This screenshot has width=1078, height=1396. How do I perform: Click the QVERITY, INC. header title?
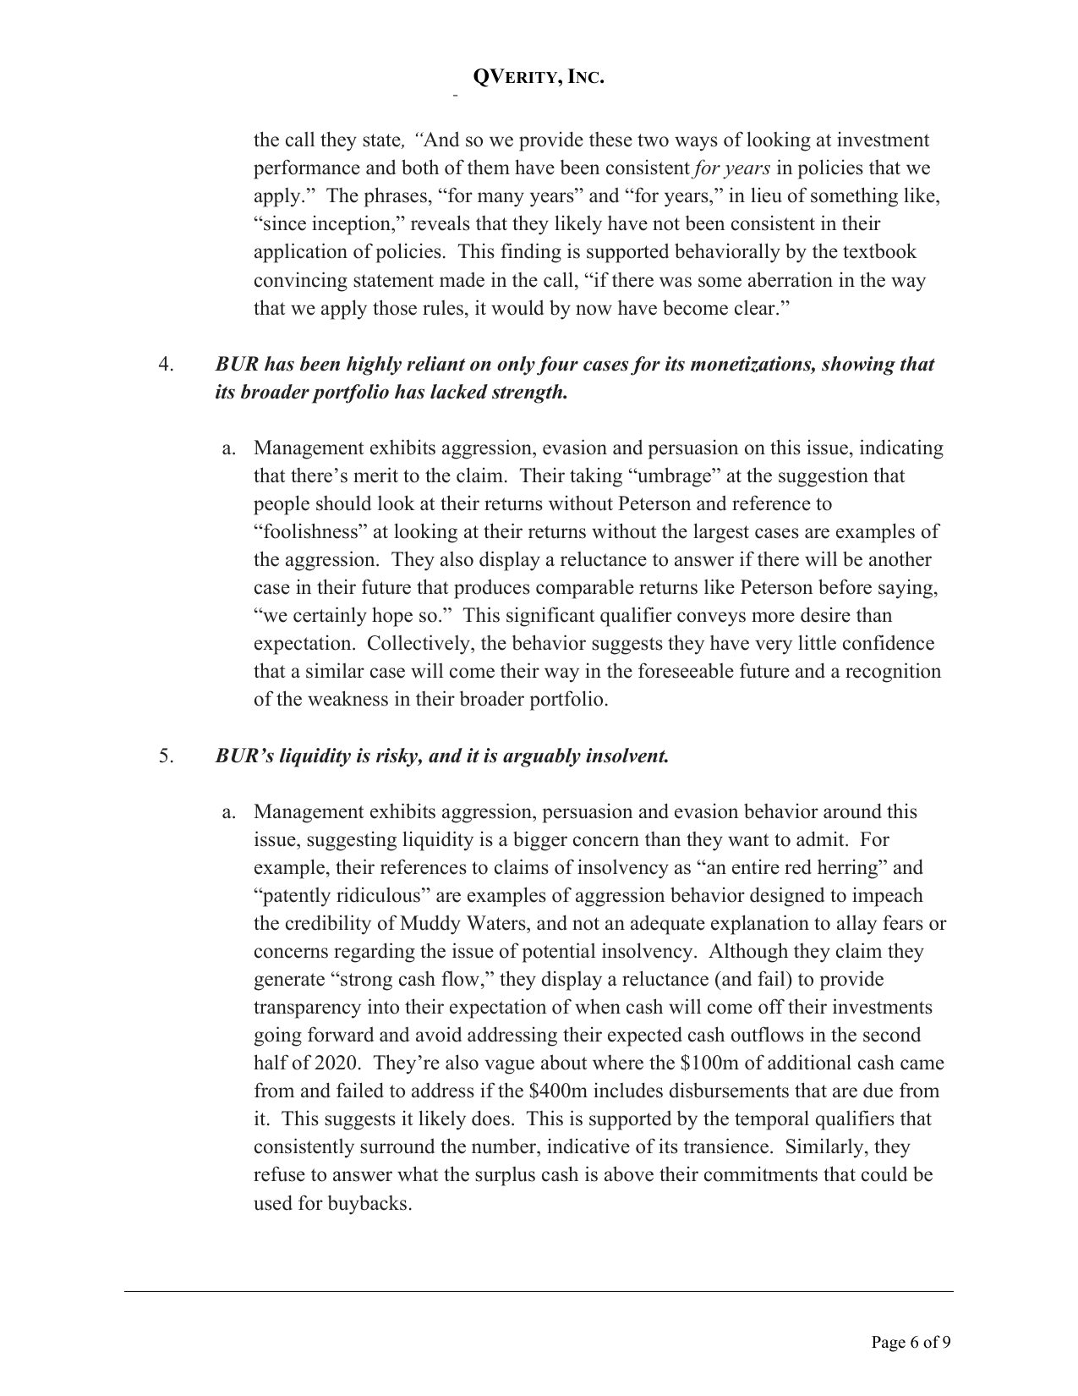[x=539, y=78]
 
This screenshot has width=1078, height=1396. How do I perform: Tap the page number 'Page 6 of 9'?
[x=911, y=1341]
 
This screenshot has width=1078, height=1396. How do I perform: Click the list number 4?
[x=166, y=365]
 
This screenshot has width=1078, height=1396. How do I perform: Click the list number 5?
[x=166, y=756]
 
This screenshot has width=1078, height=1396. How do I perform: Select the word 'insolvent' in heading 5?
[x=626, y=756]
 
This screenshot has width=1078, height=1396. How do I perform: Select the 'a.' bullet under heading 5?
[x=227, y=812]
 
